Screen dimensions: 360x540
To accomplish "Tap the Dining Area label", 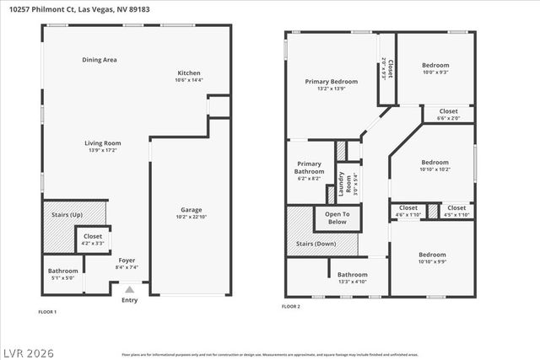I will click(x=99, y=60).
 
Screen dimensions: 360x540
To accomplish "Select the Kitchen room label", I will click(x=189, y=73).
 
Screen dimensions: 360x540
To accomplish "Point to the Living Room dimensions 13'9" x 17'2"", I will click(x=102, y=150).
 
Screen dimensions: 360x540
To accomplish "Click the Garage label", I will click(x=191, y=210).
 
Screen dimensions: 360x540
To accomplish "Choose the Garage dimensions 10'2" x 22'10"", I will click(x=191, y=218).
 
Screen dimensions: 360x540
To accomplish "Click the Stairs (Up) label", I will click(x=67, y=215).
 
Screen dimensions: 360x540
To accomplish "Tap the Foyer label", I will click(x=127, y=260).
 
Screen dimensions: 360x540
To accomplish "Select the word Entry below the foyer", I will click(x=129, y=300).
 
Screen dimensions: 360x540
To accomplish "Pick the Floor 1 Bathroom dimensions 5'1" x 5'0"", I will click(x=62, y=277).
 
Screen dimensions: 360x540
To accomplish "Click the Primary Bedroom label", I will click(x=331, y=81).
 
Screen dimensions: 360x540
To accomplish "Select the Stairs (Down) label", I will click(x=313, y=243).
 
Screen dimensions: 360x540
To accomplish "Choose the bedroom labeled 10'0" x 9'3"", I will click(x=435, y=73).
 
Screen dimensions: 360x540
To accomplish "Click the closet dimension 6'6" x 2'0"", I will click(x=448, y=118).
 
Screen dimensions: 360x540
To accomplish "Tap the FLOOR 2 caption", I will click(x=291, y=306).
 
